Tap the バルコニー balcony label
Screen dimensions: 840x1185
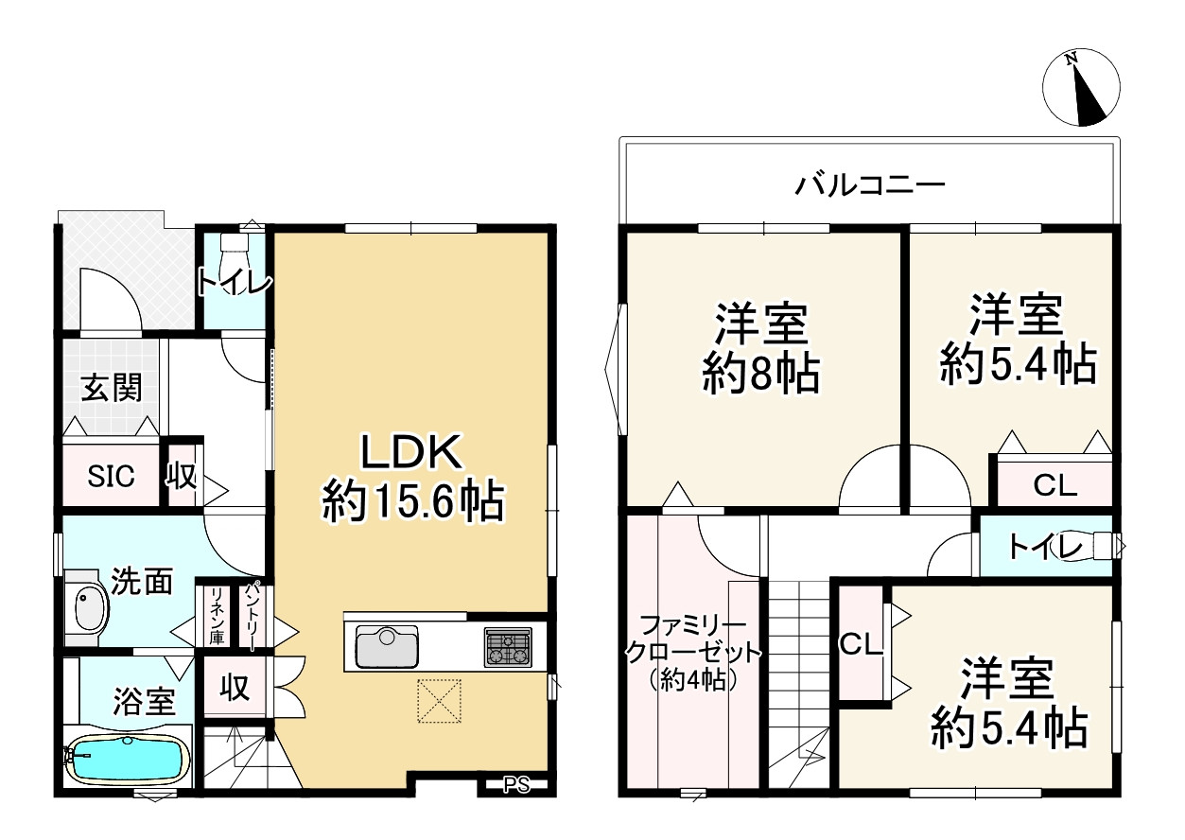[x=869, y=184]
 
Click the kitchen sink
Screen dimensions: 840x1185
[x=386, y=646]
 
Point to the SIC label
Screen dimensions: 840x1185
[x=111, y=476]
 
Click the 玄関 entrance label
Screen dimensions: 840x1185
[x=111, y=388]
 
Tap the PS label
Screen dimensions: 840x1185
[x=515, y=784]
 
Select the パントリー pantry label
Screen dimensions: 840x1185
[x=253, y=617]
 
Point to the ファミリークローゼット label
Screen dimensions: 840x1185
[x=688, y=652]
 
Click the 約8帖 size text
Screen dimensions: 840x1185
[x=760, y=376]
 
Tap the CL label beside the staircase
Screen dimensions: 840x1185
[x=861, y=645]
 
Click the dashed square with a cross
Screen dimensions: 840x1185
[x=439, y=701]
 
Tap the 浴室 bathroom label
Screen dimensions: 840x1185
[x=144, y=702]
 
